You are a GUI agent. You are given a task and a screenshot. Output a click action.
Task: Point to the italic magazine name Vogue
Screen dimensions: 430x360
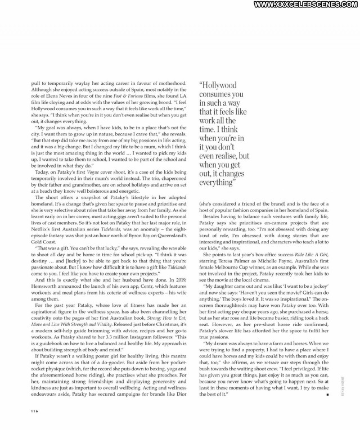(103, 171)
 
